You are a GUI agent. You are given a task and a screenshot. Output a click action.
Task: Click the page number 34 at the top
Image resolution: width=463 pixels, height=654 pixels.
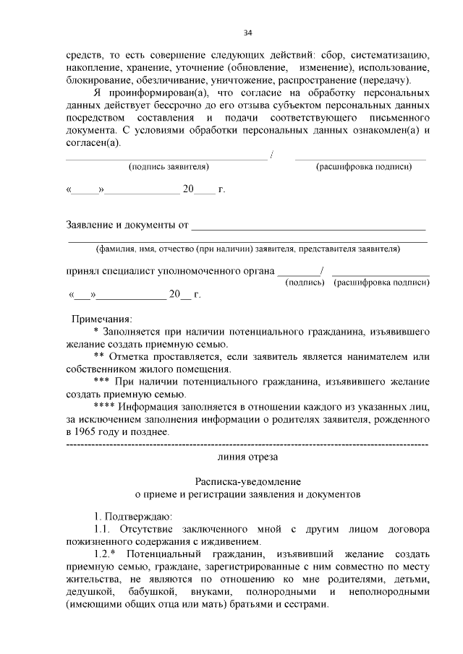247,33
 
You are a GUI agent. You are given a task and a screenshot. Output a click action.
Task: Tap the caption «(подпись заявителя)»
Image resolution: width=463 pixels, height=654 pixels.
169,167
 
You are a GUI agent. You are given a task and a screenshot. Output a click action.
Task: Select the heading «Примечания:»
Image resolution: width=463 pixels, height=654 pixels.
101,319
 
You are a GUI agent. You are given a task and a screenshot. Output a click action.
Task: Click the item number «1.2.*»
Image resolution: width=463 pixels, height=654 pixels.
108,554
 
